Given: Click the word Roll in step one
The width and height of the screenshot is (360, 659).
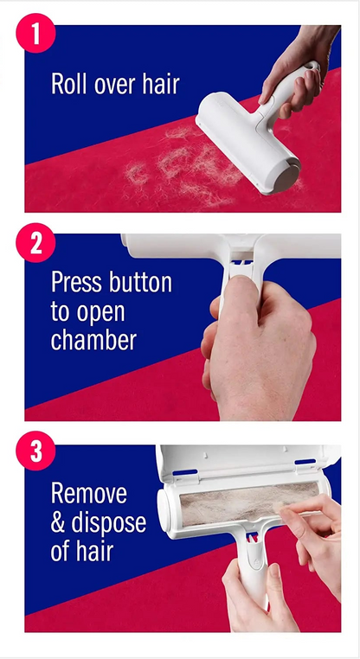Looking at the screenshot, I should pyautogui.click(x=70, y=84).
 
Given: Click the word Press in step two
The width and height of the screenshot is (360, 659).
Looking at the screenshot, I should pyautogui.click(x=77, y=283).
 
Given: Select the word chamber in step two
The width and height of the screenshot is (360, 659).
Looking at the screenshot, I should pyautogui.click(x=93, y=340).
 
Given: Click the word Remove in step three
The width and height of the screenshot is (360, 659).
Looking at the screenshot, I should pyautogui.click(x=88, y=495).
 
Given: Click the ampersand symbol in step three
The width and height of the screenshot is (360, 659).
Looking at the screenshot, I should pyautogui.click(x=59, y=523).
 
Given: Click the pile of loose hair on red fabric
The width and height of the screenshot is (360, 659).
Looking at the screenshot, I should pyautogui.click(x=173, y=164).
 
